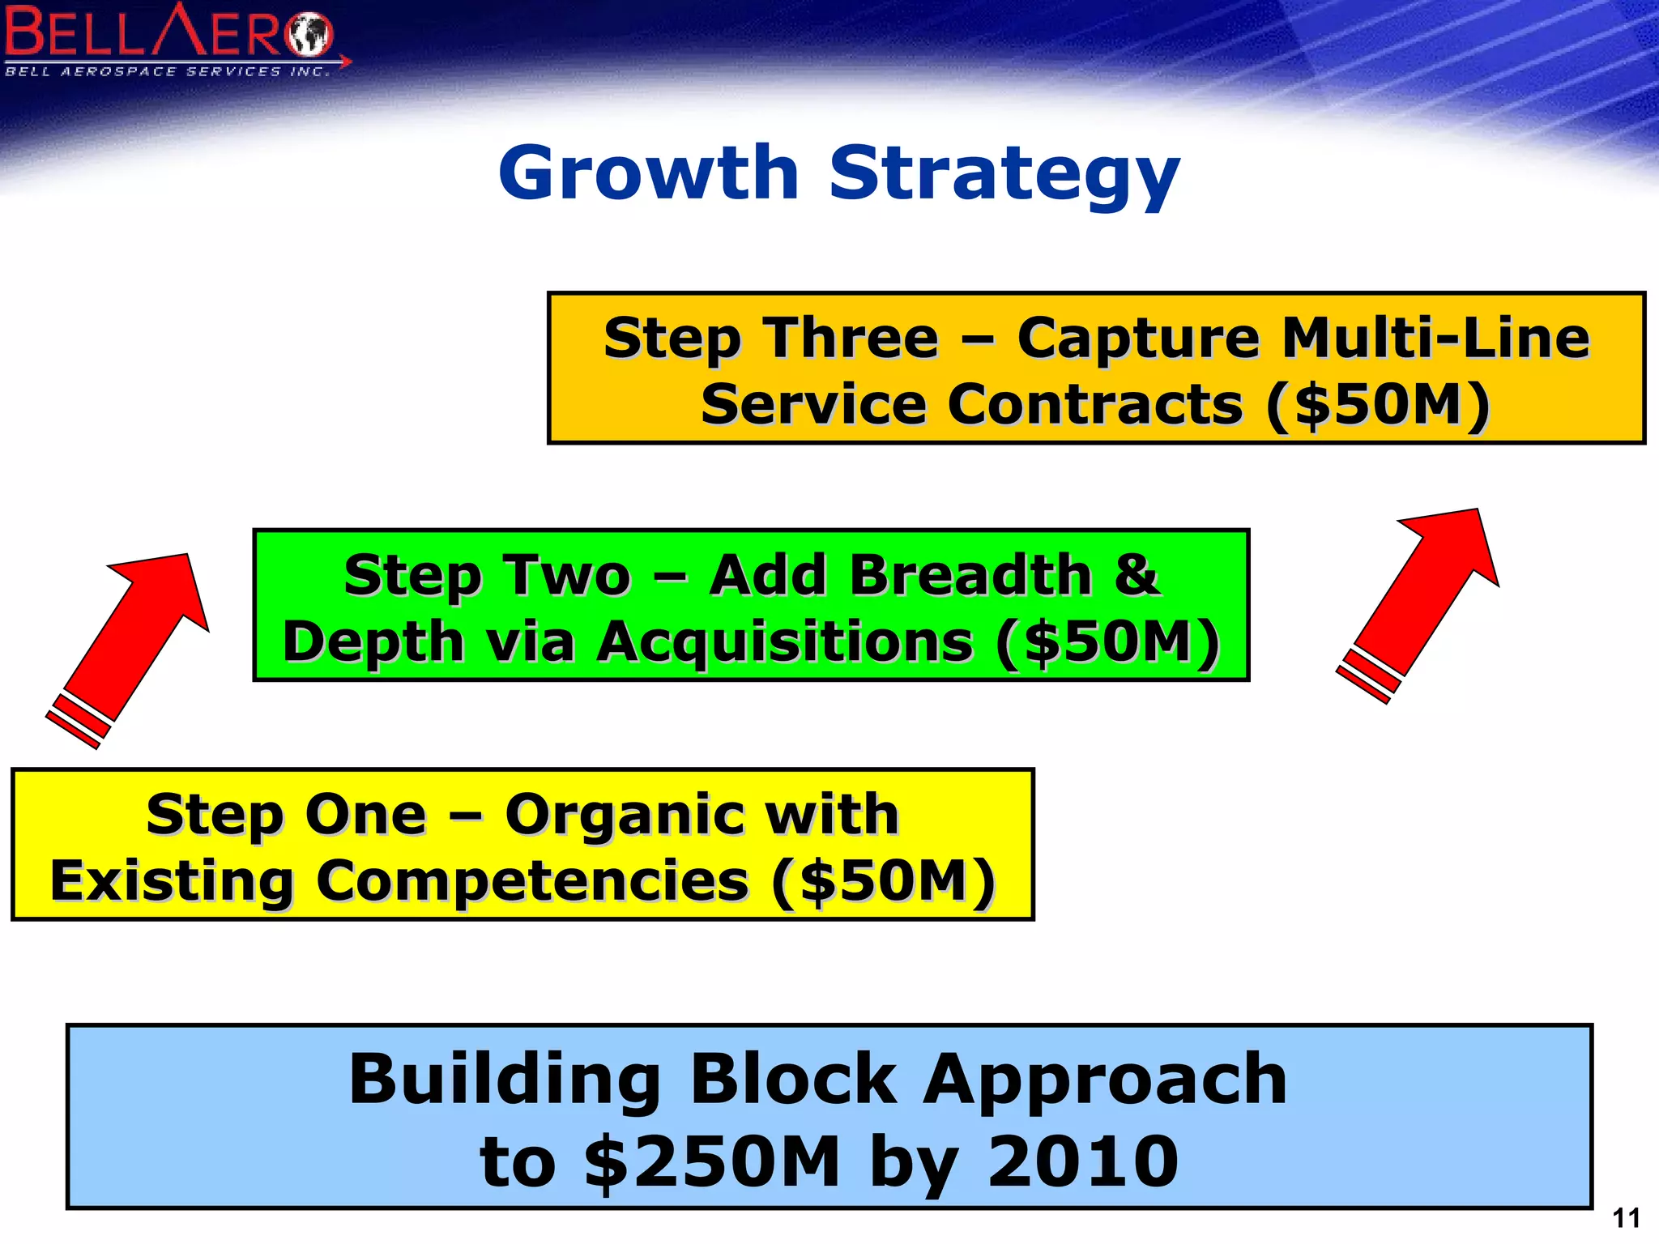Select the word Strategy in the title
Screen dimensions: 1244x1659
pyautogui.click(x=1004, y=174)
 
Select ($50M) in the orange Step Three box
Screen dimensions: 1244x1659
pyautogui.click(x=1377, y=404)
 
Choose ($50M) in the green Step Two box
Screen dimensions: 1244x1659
pyautogui.click(x=1108, y=641)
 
